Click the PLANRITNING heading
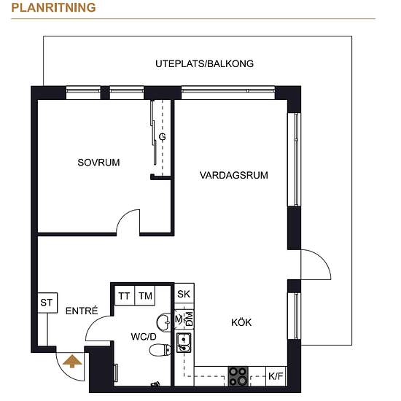point(53,8)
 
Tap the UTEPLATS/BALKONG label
point(205,63)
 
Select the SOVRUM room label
point(98,163)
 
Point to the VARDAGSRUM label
point(234,176)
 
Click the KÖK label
point(241,322)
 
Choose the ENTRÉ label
point(82,311)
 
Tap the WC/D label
point(144,337)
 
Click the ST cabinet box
point(47,303)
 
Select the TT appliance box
point(124,295)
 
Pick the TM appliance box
point(145,295)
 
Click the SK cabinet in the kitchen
point(184,294)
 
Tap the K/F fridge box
point(276,376)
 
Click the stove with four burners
point(238,376)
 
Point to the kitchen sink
point(184,343)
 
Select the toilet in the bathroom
point(160,350)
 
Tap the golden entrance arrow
point(72,361)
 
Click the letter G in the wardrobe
point(162,137)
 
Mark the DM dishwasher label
point(190,319)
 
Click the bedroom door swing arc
point(123,216)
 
